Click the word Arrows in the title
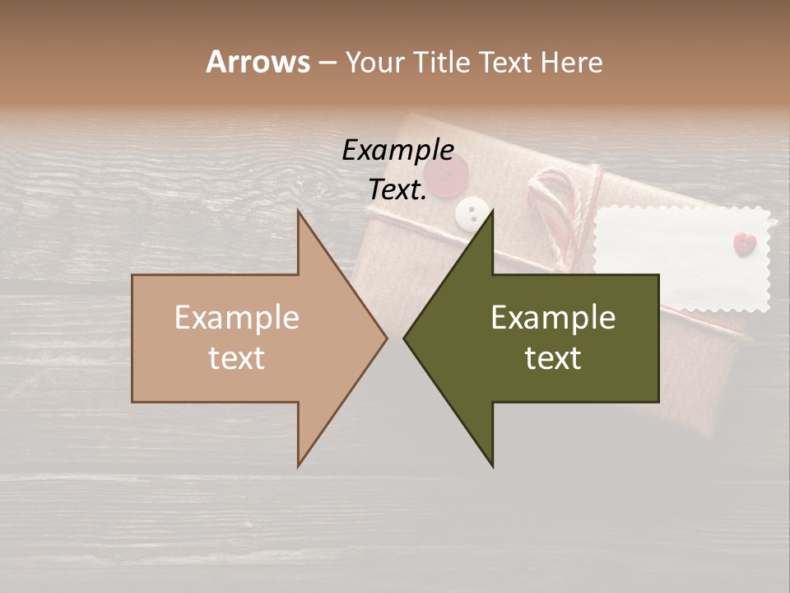pyautogui.click(x=258, y=62)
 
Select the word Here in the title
pyautogui.click(x=572, y=62)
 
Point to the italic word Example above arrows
pyautogui.click(x=397, y=150)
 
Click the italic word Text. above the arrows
pyautogui.click(x=397, y=190)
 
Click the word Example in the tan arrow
pyautogui.click(x=237, y=318)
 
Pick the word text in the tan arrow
pyautogui.click(x=237, y=358)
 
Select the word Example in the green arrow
pyautogui.click(x=553, y=318)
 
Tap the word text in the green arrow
pyautogui.click(x=553, y=358)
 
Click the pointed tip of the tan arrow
pyautogui.click(x=387, y=339)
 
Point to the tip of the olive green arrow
pyautogui.click(x=404, y=339)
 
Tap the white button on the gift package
pyautogui.click(x=472, y=212)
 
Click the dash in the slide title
pyautogui.click(x=327, y=63)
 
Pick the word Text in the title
pyautogui.click(x=509, y=62)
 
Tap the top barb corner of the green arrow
pyautogui.click(x=492, y=212)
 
